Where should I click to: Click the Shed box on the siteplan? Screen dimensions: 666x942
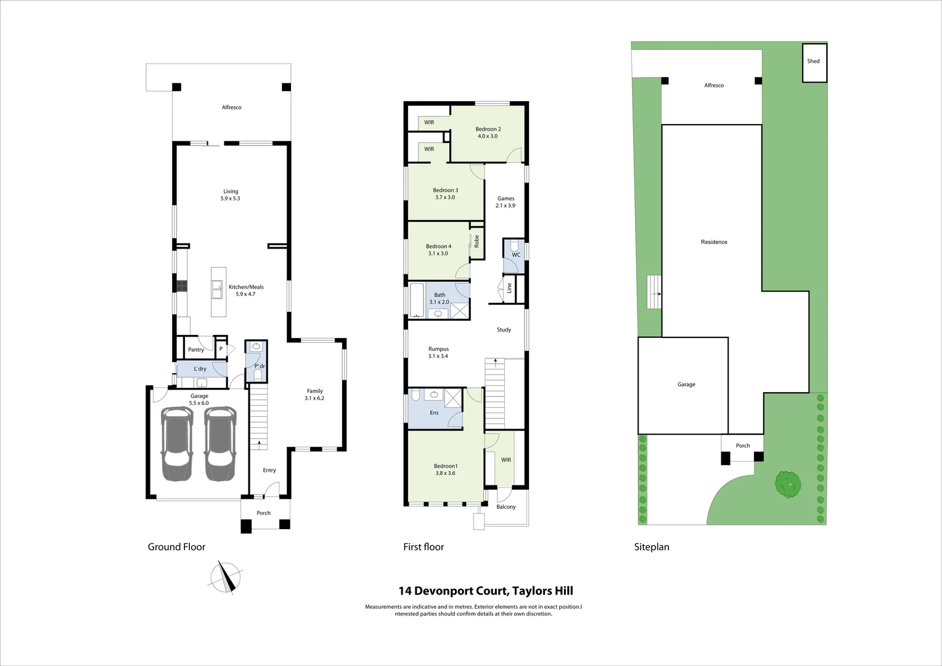coord(814,62)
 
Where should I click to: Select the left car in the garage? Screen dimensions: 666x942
coord(176,444)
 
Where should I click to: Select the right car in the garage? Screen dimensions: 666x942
coord(220,444)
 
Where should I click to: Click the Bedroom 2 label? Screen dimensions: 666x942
coord(488,133)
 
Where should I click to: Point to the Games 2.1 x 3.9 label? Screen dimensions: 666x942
coord(506,202)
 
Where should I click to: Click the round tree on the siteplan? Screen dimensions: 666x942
coord(788,484)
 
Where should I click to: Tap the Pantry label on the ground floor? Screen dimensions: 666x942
coord(196,350)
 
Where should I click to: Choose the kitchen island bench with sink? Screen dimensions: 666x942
coord(218,292)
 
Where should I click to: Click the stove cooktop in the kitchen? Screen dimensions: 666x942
coord(182,286)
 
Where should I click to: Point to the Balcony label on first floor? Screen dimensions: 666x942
coord(506,507)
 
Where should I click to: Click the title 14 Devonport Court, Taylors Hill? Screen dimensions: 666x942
coord(486,591)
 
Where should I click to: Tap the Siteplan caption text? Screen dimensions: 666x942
coord(652,547)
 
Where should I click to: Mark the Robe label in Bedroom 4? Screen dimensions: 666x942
coord(477,241)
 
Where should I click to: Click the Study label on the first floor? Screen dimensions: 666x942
coord(504,330)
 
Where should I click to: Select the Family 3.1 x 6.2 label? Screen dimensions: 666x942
coord(314,395)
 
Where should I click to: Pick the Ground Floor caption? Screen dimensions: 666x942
coord(176,547)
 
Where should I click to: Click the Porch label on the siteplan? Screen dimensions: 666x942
coord(743,446)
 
